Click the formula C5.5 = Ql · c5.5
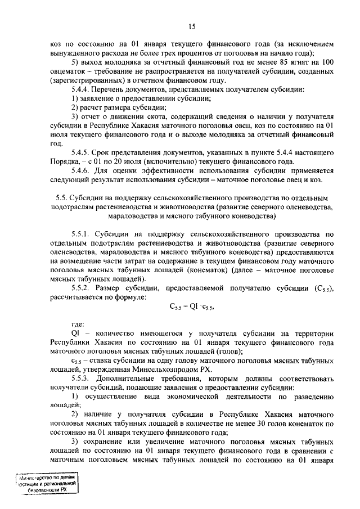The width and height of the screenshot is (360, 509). [x=192, y=307]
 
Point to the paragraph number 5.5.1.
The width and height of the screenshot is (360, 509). [x=83, y=234]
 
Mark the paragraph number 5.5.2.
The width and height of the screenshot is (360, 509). [x=83, y=288]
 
